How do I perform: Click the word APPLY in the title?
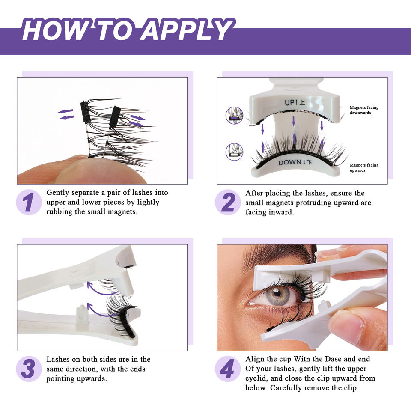[186, 30]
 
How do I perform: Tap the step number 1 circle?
[29, 202]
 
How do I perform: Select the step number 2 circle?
[227, 202]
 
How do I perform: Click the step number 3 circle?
[29, 369]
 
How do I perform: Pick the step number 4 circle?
[227, 369]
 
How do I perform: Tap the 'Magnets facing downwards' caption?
[364, 110]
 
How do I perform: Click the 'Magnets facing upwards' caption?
[364, 167]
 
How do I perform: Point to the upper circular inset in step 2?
[234, 115]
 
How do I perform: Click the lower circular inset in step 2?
[234, 152]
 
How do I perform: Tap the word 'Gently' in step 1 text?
[58, 193]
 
